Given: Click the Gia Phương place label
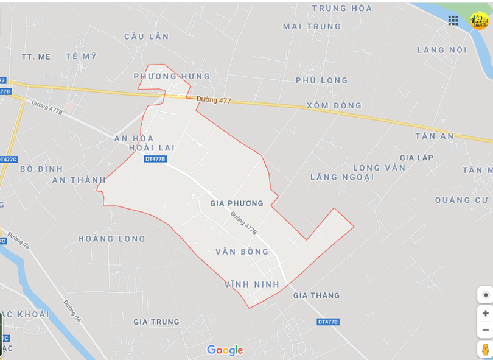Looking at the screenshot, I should click(x=237, y=203).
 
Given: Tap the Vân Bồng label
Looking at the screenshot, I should click(x=242, y=252).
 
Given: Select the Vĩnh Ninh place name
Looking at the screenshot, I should click(x=252, y=284).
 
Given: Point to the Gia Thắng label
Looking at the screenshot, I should click(x=316, y=295).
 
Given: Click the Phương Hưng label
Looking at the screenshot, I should click(x=172, y=77).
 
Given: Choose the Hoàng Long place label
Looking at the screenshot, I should click(x=112, y=239).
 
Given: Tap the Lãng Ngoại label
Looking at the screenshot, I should click(x=342, y=177).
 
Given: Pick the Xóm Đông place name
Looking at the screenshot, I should click(x=334, y=105).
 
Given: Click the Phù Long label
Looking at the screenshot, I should click(x=322, y=80).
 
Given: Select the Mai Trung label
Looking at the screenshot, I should click(x=312, y=27).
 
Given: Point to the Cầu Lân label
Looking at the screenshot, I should click(x=147, y=37).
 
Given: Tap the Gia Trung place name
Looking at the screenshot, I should click(x=156, y=322).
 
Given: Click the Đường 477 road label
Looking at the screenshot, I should click(x=214, y=101).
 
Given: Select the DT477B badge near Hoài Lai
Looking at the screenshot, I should click(x=155, y=159).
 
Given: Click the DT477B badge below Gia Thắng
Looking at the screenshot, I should click(x=328, y=322).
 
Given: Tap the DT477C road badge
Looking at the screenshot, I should click(x=8, y=160).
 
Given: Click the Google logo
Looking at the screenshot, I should click(x=225, y=350).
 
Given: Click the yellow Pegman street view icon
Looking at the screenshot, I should click(x=485, y=349).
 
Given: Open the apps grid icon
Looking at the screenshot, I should click(x=453, y=21).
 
